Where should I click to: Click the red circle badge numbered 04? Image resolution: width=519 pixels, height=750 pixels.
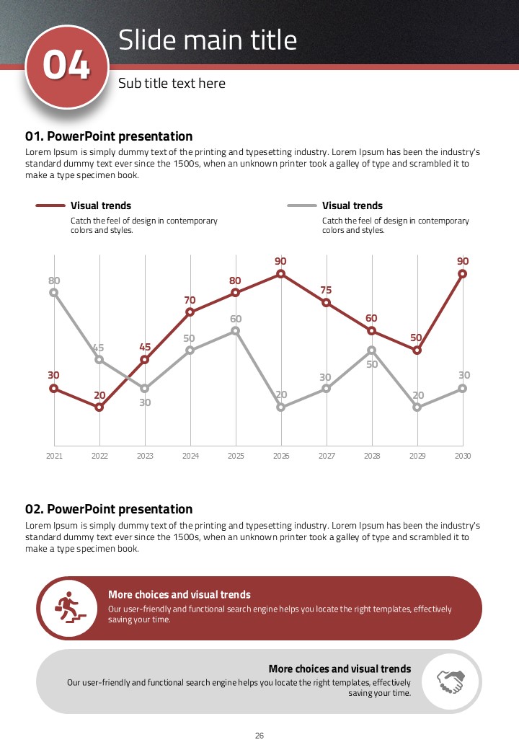pos(66,66)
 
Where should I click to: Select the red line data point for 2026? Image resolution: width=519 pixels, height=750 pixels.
pos(281,274)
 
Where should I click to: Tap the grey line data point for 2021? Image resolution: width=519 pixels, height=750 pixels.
pos(54,293)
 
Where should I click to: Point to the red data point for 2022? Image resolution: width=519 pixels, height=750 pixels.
pos(99,407)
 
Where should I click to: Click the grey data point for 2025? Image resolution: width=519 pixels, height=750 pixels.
pos(236,331)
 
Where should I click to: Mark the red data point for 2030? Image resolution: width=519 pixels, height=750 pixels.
pos(463,274)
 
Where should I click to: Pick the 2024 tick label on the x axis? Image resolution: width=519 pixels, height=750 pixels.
pos(190,456)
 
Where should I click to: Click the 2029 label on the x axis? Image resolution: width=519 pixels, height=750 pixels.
pos(417,456)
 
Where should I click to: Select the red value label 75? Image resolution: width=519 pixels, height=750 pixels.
pos(326,291)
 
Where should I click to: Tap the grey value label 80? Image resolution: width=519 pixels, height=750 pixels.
pos(54,281)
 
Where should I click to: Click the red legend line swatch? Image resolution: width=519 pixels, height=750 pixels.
pos(50,206)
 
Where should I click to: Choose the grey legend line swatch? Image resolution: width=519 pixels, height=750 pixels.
pos(302,206)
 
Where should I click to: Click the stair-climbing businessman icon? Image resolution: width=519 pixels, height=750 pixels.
pos(68,608)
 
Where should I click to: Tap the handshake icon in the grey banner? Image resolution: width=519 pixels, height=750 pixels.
pos(451,681)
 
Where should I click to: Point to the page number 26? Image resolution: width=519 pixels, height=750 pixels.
pos(259,736)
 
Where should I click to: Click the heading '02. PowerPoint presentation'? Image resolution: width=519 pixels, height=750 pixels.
pos(109,509)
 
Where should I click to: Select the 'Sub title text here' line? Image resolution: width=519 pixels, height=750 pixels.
pos(172,84)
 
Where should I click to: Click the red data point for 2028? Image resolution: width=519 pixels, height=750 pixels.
pos(372,331)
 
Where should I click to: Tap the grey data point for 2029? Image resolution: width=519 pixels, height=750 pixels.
pos(417,407)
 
